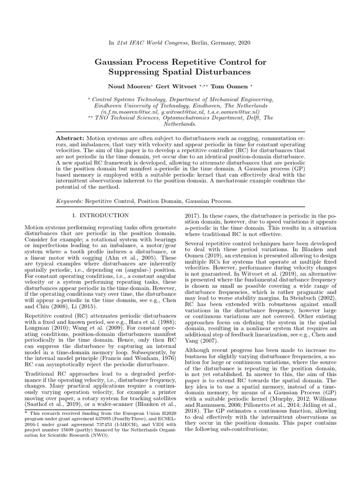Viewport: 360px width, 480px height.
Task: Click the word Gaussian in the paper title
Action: coord(117,61)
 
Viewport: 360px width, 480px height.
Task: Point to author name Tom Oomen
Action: coord(220,86)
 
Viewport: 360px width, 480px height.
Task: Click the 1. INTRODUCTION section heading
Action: coord(100,215)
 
